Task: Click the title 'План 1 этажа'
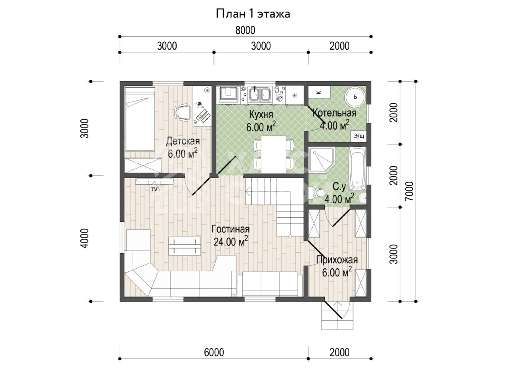point(253,14)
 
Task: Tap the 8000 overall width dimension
point(245,30)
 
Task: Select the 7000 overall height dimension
point(409,191)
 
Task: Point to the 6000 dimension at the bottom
point(214,352)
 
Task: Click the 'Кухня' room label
point(261,115)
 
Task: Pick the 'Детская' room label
point(183,141)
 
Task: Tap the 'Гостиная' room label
point(231,229)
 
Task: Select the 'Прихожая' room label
point(337,260)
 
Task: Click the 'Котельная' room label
point(334,113)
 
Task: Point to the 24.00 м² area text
point(231,241)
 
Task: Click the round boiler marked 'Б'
point(355,97)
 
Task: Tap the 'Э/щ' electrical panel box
point(359,136)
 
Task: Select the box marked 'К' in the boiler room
point(319,92)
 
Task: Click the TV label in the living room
point(154,189)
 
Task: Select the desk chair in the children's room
point(183,113)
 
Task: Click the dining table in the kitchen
point(273,154)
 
